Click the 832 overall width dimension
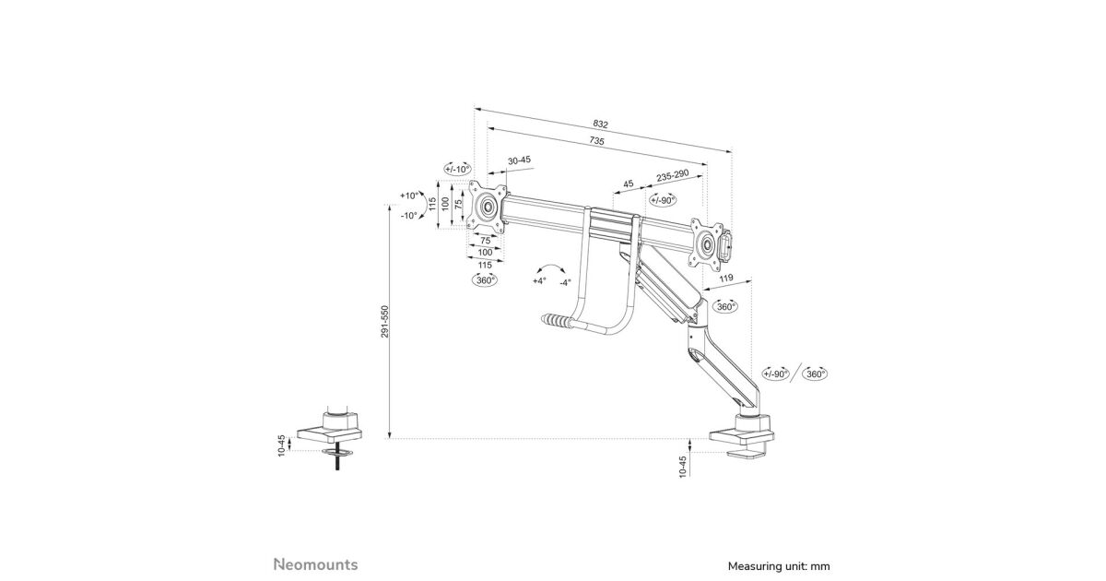pos(601,124)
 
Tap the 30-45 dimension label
pos(519,160)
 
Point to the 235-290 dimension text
pos(673,176)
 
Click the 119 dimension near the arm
pos(725,278)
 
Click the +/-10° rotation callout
pos(457,169)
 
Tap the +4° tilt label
pos(539,280)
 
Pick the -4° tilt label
pos(565,281)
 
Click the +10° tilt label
pos(409,196)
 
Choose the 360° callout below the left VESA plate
pos(485,279)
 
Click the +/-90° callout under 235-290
pos(663,200)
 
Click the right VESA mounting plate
pos(707,243)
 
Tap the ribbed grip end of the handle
pos(556,322)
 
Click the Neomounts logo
pos(315,563)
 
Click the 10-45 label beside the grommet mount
pos(282,445)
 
